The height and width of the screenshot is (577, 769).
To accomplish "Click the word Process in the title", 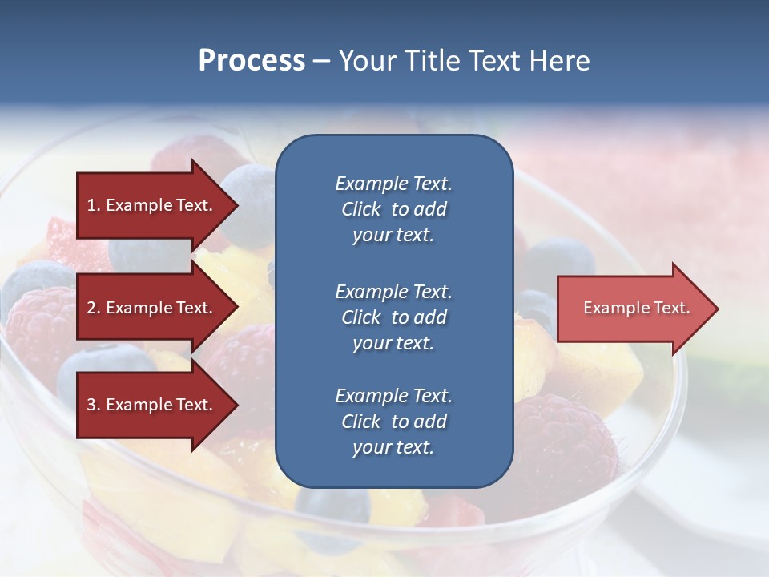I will tap(252, 61).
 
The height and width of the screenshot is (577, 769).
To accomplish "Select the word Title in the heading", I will tap(437, 61).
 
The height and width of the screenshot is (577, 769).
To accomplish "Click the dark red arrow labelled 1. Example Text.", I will tap(152, 205).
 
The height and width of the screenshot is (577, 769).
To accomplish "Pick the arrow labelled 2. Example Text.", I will tap(152, 308).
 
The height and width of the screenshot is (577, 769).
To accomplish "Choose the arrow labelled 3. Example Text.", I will tap(152, 405).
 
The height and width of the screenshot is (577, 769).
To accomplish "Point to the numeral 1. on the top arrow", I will tap(94, 205).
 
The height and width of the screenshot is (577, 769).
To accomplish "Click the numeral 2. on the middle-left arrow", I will tap(94, 308).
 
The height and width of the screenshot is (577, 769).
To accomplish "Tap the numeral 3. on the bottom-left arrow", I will tap(94, 405).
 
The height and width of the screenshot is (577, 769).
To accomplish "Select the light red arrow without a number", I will tap(633, 309).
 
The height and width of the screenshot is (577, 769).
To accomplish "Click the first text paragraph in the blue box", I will tap(393, 209).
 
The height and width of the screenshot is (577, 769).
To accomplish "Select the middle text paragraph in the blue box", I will tap(393, 317).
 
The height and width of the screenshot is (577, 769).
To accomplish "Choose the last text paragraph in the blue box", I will tap(393, 422).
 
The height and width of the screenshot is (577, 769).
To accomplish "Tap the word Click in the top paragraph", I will tap(361, 209).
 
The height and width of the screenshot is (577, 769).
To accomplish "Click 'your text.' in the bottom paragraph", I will tap(393, 447).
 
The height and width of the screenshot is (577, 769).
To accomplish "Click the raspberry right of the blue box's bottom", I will tap(565, 441).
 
